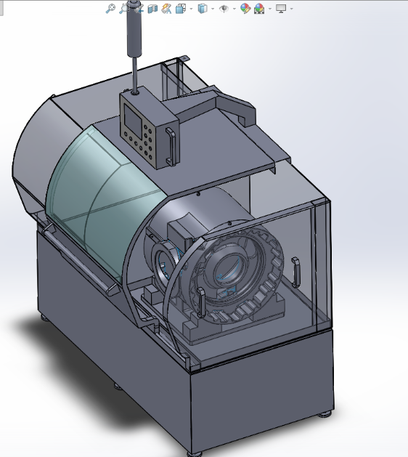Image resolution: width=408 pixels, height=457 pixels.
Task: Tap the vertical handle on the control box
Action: (x=172, y=146)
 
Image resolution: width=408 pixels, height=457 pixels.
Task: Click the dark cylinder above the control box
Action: (x=134, y=29)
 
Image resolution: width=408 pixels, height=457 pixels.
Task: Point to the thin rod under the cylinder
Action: (x=134, y=73)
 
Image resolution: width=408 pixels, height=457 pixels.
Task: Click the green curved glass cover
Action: (x=102, y=182)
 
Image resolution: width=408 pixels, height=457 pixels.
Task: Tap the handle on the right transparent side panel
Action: (x=295, y=273)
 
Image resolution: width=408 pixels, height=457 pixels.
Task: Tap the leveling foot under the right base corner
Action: (x=325, y=416)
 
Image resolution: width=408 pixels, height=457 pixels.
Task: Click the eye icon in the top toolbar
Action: (x=224, y=9)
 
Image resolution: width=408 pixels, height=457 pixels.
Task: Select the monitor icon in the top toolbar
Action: (x=281, y=9)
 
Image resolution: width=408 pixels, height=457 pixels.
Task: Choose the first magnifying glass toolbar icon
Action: (x=110, y=9)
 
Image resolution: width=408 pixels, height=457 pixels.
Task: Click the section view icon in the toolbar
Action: (x=152, y=9)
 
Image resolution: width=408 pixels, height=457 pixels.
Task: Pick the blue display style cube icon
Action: (x=203, y=9)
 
